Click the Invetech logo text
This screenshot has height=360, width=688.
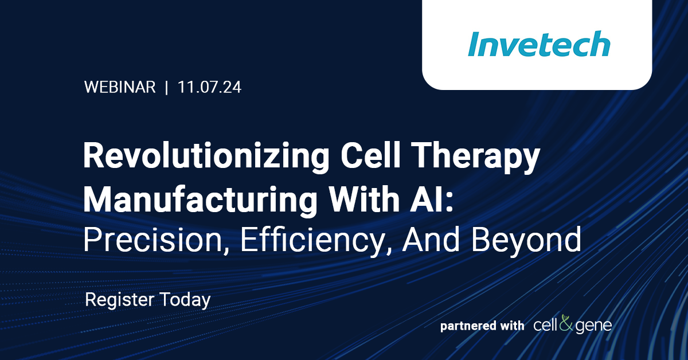538,44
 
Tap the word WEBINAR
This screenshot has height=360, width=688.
120,88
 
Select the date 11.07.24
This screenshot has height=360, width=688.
209,88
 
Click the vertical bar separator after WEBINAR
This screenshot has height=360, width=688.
166,88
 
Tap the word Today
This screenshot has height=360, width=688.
186,299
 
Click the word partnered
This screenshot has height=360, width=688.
468,326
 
